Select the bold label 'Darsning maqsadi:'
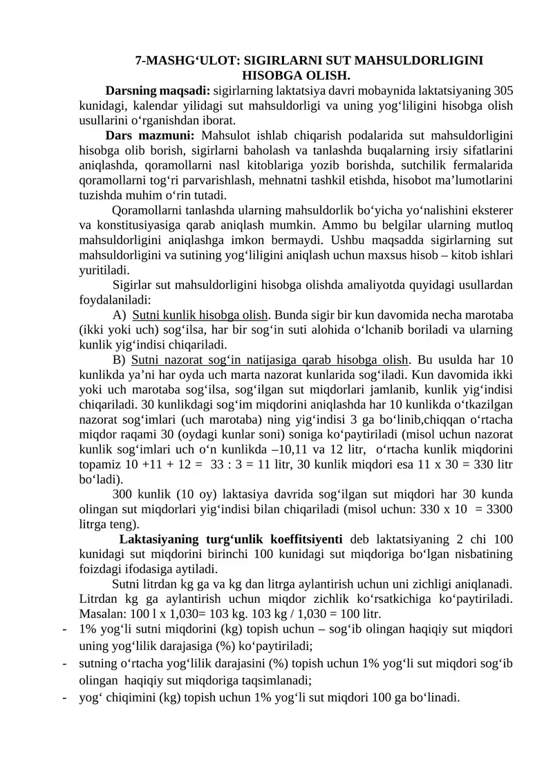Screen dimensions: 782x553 coord(158,90)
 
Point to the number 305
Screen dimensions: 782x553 coord(503,90)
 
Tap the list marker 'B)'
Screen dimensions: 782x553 coord(120,360)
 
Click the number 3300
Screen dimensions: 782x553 coord(498,510)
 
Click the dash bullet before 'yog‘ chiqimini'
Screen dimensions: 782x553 coord(64,697)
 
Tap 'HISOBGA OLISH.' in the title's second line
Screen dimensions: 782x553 coord(296,74)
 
